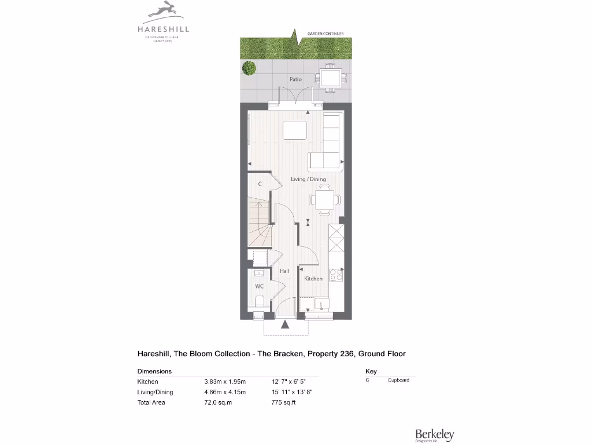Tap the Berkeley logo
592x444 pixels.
(434, 434)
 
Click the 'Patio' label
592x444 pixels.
(295, 79)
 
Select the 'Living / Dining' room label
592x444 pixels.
(308, 179)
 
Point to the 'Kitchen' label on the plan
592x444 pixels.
(313, 279)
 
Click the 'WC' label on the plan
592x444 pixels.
(260, 286)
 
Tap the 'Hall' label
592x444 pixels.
(284, 271)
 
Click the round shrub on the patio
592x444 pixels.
(249, 68)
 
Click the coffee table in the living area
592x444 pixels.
(295, 130)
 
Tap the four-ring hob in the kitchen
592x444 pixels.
(335, 276)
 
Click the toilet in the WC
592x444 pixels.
(260, 301)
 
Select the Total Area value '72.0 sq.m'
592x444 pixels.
(218, 402)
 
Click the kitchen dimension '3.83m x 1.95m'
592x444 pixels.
(225, 382)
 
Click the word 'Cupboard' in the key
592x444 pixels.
(398, 380)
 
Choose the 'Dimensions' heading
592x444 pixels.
(154, 371)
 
